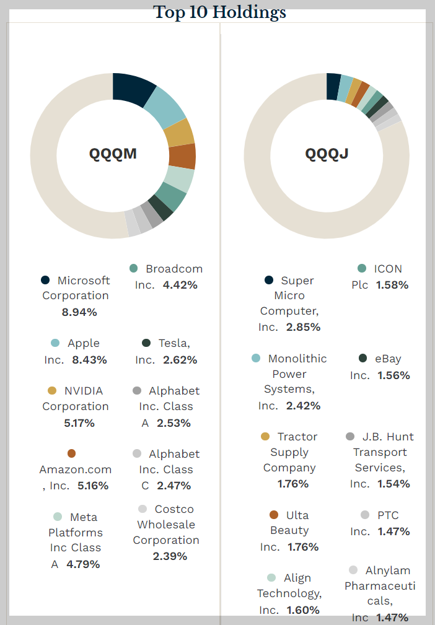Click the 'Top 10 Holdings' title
220,12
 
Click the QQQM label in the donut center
113,154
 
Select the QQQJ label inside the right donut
327,154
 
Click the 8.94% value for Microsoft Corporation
79,312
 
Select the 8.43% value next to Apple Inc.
90,359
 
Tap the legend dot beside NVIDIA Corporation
53,391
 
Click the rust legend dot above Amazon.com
71,453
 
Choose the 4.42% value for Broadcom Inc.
180,285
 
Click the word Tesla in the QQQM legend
174,343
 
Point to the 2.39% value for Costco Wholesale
170,556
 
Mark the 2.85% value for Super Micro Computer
303,327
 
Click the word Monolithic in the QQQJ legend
297,359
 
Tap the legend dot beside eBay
362,359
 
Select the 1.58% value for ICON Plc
392,285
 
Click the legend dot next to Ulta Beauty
274,515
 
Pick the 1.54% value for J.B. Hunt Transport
393,484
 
